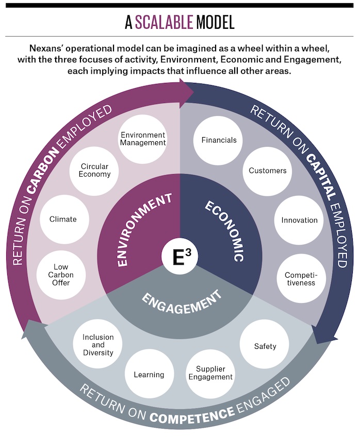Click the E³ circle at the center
click(180, 256)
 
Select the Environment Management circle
click(143, 139)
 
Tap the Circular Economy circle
click(95, 170)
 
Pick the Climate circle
click(63, 219)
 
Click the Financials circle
click(219, 140)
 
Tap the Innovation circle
click(299, 220)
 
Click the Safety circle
click(265, 346)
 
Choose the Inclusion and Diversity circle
click(98, 345)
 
